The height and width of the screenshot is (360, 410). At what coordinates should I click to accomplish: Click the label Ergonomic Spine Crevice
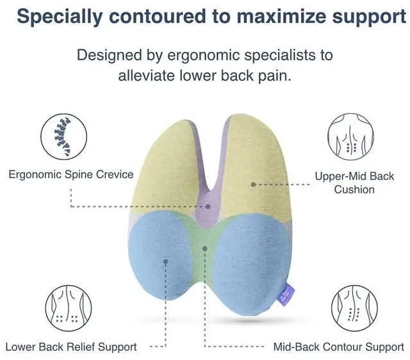[71, 174]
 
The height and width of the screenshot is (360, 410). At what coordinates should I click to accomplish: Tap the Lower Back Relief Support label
[71, 347]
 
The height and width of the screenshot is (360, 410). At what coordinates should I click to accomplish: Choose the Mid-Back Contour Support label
[339, 347]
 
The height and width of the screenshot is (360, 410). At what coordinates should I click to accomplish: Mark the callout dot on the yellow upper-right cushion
[254, 184]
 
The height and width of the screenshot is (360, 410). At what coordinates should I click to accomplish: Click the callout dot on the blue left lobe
[165, 261]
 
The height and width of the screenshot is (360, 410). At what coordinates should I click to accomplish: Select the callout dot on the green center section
[205, 247]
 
